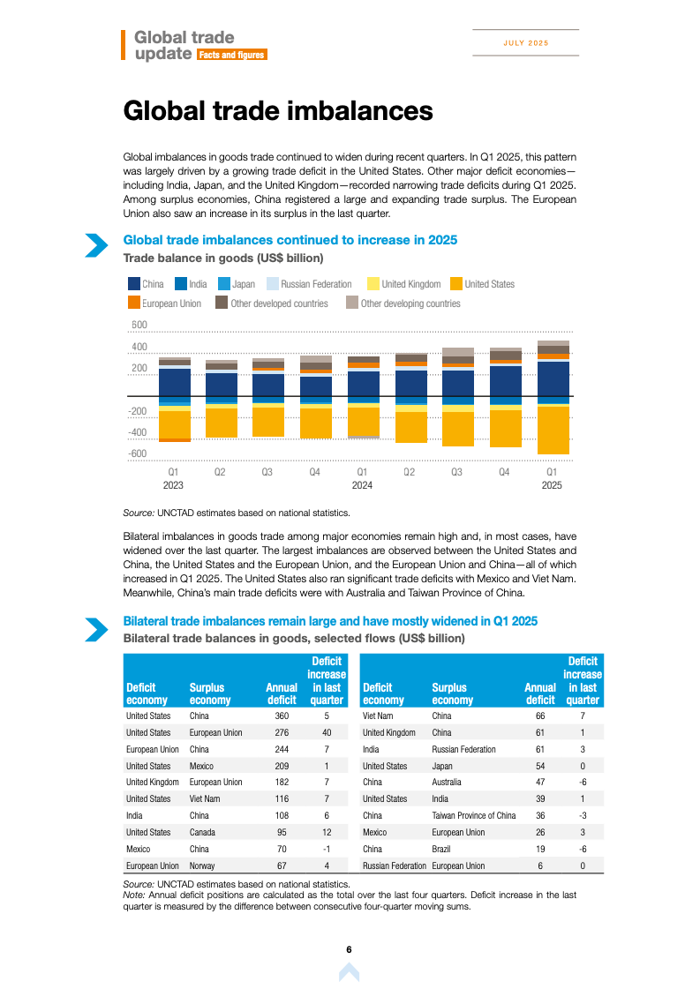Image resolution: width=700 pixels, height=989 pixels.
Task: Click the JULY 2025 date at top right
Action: click(x=525, y=43)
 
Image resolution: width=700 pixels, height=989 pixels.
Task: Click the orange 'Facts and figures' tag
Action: click(x=231, y=55)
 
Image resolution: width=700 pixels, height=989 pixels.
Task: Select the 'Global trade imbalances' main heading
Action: click(x=278, y=111)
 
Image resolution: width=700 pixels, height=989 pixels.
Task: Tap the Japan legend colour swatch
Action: click(x=224, y=284)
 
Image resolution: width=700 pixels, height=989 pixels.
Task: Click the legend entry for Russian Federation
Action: click(x=316, y=284)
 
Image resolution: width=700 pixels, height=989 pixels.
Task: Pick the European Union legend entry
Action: click(x=171, y=303)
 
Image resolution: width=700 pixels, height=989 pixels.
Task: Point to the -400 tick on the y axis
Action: click(x=136, y=432)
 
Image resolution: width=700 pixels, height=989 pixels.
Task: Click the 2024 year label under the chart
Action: click(x=362, y=485)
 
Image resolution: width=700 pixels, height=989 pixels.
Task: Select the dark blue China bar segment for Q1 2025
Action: click(x=553, y=378)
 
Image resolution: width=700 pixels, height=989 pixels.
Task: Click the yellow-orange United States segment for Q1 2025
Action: click(x=553, y=430)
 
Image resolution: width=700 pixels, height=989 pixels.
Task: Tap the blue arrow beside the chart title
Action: click(x=95, y=245)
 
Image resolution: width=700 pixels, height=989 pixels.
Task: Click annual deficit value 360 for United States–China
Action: click(x=282, y=716)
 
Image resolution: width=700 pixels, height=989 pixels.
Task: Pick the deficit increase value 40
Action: click(x=327, y=732)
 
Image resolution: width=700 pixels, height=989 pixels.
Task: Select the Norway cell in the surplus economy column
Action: click(x=202, y=865)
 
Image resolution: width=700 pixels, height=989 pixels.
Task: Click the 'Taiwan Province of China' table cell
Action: click(x=474, y=815)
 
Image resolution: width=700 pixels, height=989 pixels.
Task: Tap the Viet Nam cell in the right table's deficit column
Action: click(x=378, y=716)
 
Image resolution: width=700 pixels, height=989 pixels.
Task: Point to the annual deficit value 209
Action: click(x=282, y=766)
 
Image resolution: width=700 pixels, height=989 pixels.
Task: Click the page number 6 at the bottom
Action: click(x=350, y=949)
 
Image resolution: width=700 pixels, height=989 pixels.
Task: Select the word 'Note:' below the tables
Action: click(x=133, y=895)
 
